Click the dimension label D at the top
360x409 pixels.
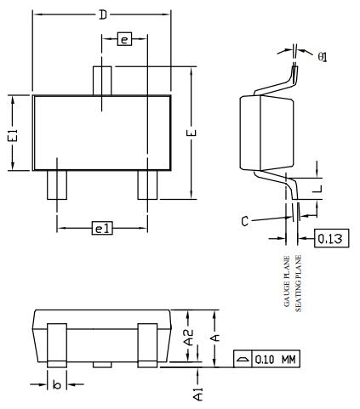tap(102, 14)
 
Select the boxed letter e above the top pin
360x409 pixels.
tap(124, 40)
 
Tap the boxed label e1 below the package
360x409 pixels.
tap(102, 227)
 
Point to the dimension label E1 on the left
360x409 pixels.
tap(12, 133)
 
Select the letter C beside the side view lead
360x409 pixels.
tap(244, 221)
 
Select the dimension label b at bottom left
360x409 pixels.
tap(56, 385)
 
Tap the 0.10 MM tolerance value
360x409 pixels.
tap(276, 359)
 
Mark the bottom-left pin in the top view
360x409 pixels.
tap(56, 185)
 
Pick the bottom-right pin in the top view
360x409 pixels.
tap(147, 185)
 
